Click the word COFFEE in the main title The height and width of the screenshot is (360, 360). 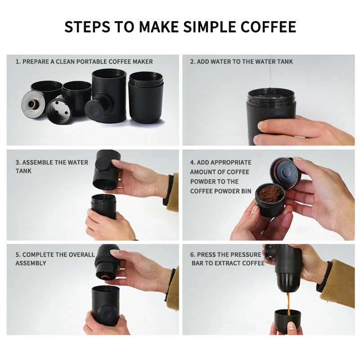click(268, 27)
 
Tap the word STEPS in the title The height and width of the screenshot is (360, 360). click(87, 27)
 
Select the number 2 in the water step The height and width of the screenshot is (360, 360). click(192, 62)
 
